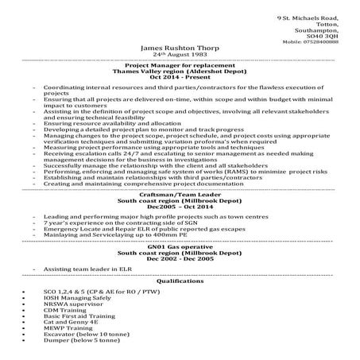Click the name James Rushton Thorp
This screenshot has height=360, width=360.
coord(179,48)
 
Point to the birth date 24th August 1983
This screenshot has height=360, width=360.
coord(179,55)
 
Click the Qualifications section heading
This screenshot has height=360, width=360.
coord(180,281)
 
